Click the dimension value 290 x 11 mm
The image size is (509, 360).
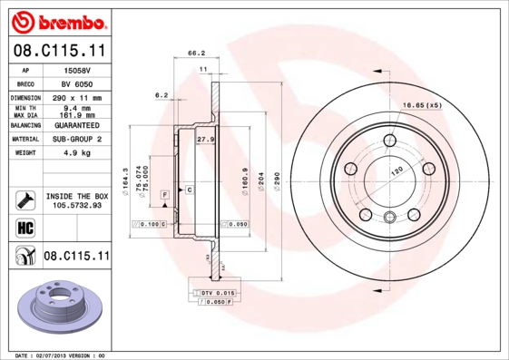coord(75,97)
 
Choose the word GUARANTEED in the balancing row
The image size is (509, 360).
coord(75,125)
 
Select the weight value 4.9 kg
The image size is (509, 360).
coord(75,154)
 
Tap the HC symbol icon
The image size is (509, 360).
coord(20,227)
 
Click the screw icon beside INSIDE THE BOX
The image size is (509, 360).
coord(22,199)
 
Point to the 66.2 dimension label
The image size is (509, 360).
coord(194,54)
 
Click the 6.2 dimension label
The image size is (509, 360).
coord(163,94)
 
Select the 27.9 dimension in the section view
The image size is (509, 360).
coord(205,140)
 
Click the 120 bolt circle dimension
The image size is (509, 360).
coord(396,170)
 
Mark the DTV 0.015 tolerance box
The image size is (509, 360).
coord(217,294)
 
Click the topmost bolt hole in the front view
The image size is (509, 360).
coord(390,140)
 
